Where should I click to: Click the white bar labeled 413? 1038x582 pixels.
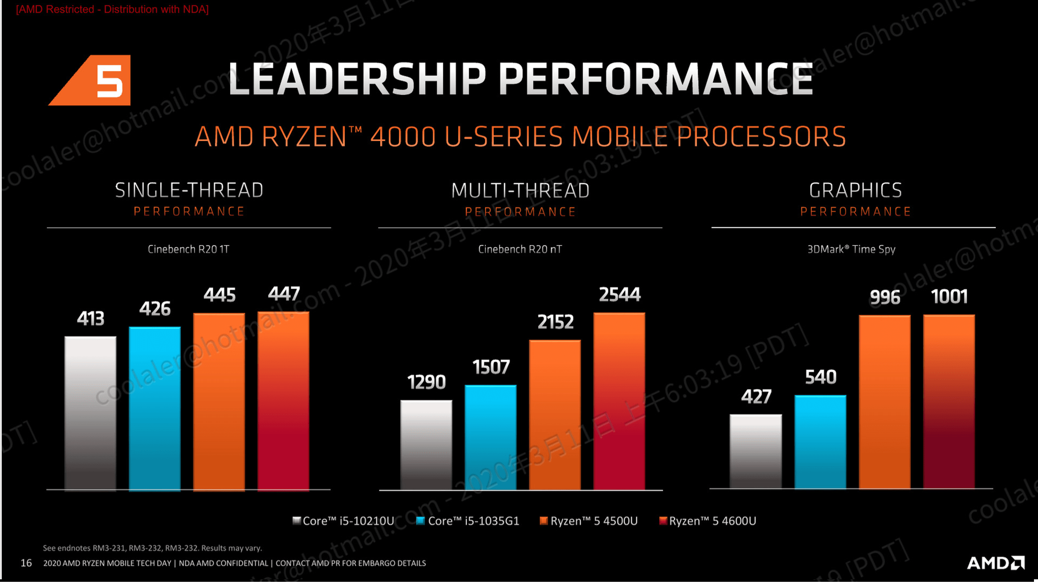pyautogui.click(x=90, y=413)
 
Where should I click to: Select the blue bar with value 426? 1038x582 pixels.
pyautogui.click(x=155, y=408)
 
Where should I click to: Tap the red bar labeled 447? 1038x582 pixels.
pyautogui.click(x=283, y=401)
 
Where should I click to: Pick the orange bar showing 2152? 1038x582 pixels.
pyautogui.click(x=555, y=415)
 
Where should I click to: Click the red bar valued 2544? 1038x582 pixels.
pyautogui.click(x=619, y=401)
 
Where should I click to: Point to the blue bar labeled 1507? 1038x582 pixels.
pyautogui.click(x=491, y=437)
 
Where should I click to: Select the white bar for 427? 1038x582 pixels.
pyautogui.click(x=756, y=451)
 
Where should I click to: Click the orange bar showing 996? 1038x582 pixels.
pyautogui.click(x=884, y=402)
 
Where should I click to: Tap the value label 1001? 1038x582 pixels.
pyautogui.click(x=949, y=297)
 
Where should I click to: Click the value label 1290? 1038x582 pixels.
pyautogui.click(x=426, y=382)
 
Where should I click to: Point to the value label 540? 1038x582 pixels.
pyautogui.click(x=821, y=377)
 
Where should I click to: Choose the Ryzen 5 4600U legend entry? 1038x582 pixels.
pyautogui.click(x=708, y=521)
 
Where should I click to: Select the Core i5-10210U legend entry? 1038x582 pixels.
pyautogui.click(x=344, y=521)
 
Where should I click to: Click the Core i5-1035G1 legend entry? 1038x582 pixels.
pyautogui.click(x=468, y=521)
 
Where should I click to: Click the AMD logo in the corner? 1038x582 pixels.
pyautogui.click(x=995, y=563)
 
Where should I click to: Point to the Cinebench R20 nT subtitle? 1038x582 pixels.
pyautogui.click(x=520, y=249)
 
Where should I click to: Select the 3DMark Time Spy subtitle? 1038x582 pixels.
pyautogui.click(x=851, y=249)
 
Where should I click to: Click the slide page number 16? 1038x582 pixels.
pyautogui.click(x=26, y=563)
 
